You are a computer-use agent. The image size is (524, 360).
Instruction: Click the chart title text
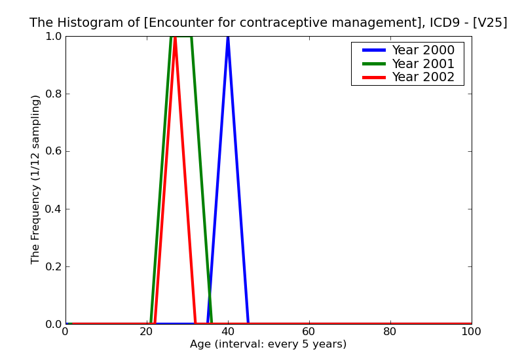tap(268, 23)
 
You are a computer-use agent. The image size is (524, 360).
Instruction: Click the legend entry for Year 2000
tap(422, 50)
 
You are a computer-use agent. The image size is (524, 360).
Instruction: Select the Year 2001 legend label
tap(422, 63)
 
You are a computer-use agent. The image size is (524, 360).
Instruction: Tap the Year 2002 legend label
tap(422, 77)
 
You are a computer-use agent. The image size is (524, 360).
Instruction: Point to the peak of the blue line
tap(228, 37)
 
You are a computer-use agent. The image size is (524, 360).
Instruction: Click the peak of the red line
tap(175, 39)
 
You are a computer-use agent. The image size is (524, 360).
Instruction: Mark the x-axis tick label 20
tap(147, 332)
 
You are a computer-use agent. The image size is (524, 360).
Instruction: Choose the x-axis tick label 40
tap(228, 332)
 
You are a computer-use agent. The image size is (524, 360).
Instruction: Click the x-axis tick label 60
tap(309, 332)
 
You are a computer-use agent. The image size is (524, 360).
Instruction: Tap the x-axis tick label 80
tap(390, 332)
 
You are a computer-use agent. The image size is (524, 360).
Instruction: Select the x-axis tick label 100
tap(471, 332)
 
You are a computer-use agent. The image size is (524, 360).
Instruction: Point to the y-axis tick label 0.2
tap(52, 266)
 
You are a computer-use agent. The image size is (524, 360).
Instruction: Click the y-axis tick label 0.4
tap(52, 209)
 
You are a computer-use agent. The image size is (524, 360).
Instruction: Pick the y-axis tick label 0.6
tap(52, 151)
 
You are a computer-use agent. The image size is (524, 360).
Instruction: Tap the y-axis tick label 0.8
tap(52, 94)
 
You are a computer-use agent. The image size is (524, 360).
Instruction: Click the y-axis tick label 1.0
tap(52, 37)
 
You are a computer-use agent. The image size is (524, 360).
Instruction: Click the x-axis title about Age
tap(268, 344)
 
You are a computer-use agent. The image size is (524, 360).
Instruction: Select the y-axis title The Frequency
tap(36, 179)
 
